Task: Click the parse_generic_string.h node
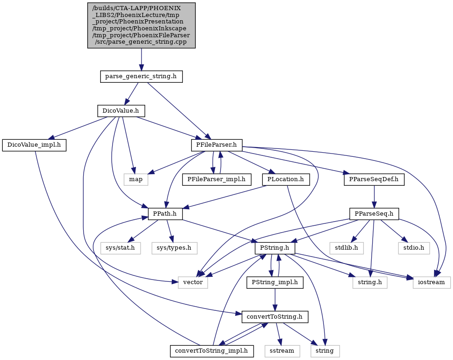[x=141, y=77]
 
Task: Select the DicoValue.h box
[x=121, y=111]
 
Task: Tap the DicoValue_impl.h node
[x=34, y=145]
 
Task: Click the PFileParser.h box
[x=217, y=145]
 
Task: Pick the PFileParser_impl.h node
[x=217, y=180]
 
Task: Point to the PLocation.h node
[x=286, y=180]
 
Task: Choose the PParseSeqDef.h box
[x=374, y=180]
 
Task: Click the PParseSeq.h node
[x=374, y=214]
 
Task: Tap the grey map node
[x=136, y=180]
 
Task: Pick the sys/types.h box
[x=174, y=248]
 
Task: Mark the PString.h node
[x=275, y=248]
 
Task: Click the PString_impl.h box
[x=275, y=282]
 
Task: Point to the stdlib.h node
[x=346, y=248]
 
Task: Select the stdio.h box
[x=413, y=248]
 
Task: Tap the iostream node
[x=431, y=282]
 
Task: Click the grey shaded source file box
[x=141, y=25]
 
